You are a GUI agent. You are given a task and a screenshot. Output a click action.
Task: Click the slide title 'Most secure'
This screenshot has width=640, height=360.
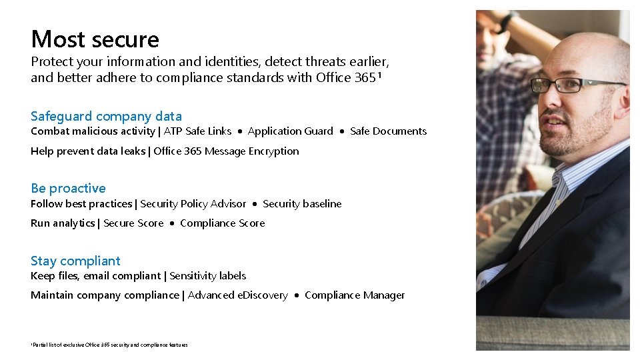pyautogui.click(x=95, y=39)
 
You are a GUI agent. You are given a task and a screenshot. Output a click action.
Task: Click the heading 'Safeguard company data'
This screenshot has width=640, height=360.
pyautogui.click(x=106, y=116)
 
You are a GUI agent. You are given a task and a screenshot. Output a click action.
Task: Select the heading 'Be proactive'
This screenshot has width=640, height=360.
pyautogui.click(x=68, y=188)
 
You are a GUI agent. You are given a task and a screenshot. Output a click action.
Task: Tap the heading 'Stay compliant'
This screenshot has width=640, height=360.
pyautogui.click(x=75, y=261)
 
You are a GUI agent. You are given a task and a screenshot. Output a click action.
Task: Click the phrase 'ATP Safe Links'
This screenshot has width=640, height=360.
pyautogui.click(x=198, y=131)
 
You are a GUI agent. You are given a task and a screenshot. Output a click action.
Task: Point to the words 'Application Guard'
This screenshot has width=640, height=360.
pyautogui.click(x=290, y=131)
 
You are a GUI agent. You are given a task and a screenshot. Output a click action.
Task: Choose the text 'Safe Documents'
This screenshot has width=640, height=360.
pyautogui.click(x=388, y=131)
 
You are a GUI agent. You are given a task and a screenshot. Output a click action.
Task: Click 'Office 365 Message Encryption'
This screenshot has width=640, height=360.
pyautogui.click(x=226, y=151)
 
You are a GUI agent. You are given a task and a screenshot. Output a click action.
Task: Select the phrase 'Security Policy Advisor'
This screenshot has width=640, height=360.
pyautogui.click(x=193, y=204)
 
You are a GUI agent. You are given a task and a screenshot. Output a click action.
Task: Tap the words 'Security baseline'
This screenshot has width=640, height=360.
pyautogui.click(x=302, y=204)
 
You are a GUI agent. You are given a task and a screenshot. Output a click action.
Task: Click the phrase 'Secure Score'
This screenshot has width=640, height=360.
pyautogui.click(x=133, y=223)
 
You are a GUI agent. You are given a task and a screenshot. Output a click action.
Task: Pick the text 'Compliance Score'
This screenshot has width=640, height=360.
pyautogui.click(x=222, y=223)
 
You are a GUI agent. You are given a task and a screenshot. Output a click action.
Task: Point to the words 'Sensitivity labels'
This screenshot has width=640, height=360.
pyautogui.click(x=207, y=276)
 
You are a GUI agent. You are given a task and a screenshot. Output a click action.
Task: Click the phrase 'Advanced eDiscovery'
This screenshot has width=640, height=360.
pyautogui.click(x=237, y=295)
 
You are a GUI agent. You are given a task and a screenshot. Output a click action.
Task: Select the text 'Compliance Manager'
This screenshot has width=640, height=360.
pyautogui.click(x=355, y=295)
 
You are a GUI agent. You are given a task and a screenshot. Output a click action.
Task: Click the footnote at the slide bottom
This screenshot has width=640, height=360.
pyautogui.click(x=109, y=345)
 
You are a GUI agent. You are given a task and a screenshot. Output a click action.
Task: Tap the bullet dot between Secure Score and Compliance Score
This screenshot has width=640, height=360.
pyautogui.click(x=172, y=224)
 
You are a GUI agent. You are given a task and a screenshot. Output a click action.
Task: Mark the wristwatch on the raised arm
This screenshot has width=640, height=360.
pyautogui.click(x=509, y=21)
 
